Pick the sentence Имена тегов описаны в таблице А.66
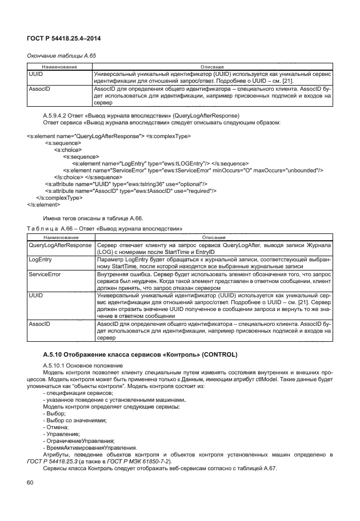(93, 219)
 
